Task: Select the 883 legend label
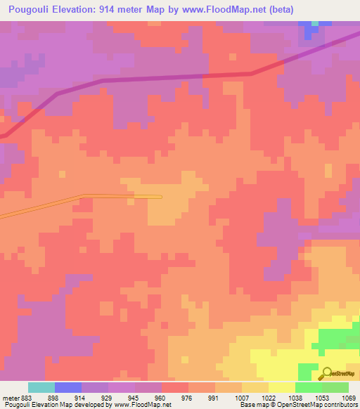pyautogui.click(x=25, y=398)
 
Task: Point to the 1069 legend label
pyautogui.click(x=348, y=398)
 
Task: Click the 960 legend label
pyautogui.click(x=160, y=398)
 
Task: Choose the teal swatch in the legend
pyautogui.click(x=41, y=387)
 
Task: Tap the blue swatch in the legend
pyautogui.click(x=67, y=387)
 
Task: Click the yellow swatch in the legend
pyautogui.click(x=281, y=387)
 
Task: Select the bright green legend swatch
pyautogui.click(x=308, y=387)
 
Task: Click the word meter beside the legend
pyautogui.click(x=9, y=398)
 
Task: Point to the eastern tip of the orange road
pyautogui.click(x=161, y=197)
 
